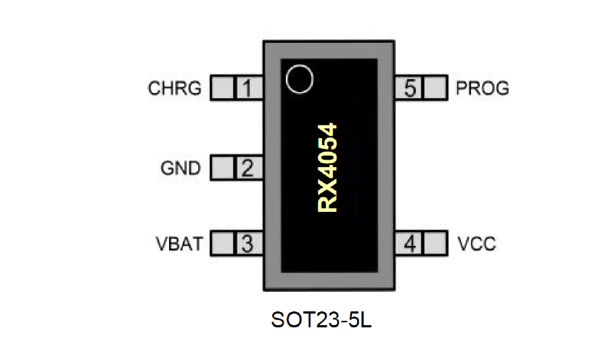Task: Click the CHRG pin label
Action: coord(174,89)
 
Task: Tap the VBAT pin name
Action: coord(178,243)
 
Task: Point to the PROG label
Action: coord(483,89)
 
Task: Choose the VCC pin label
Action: coord(477,243)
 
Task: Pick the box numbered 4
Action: coord(410,243)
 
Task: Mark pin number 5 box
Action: coord(410,89)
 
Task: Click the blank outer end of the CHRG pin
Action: coord(222,89)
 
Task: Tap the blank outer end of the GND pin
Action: coord(222,168)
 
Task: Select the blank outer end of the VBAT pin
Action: coord(222,243)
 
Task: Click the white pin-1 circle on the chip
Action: coord(298,78)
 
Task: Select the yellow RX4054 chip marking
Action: coord(328,167)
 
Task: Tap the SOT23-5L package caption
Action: coord(321,320)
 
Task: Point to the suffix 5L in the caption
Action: coord(359,320)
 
